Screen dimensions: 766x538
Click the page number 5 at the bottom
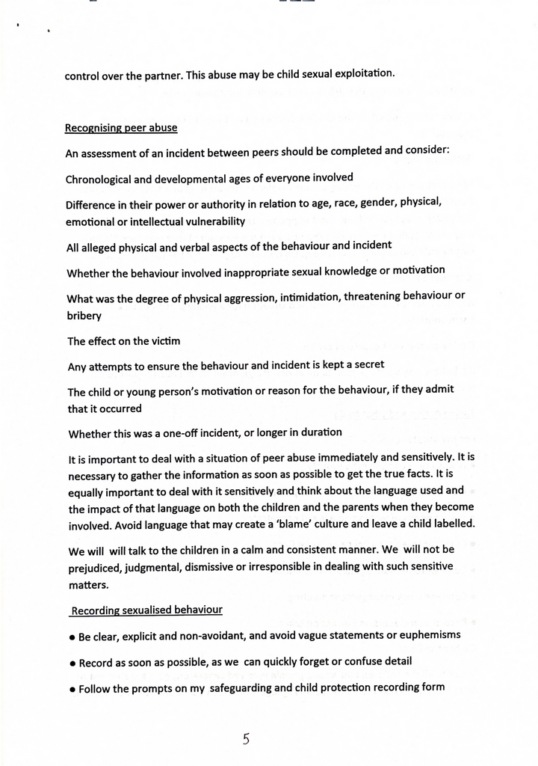click(246, 740)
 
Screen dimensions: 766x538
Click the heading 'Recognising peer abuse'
click(121, 127)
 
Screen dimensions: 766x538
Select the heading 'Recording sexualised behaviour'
click(146, 610)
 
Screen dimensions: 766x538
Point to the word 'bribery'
click(84, 316)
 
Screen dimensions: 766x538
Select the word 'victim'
click(164, 341)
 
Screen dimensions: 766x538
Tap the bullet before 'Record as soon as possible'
click(72, 664)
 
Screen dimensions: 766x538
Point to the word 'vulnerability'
click(212, 221)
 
